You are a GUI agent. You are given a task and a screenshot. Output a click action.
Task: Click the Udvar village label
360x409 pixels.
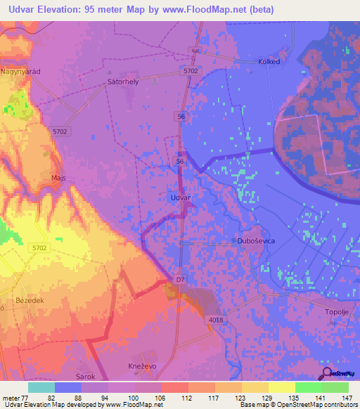click(x=181, y=198)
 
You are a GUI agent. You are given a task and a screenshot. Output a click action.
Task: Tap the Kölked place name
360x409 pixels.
click(x=269, y=61)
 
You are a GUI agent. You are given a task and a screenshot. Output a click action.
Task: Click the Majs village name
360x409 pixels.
click(x=59, y=178)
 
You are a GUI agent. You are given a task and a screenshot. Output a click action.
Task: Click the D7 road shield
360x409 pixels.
click(x=181, y=280)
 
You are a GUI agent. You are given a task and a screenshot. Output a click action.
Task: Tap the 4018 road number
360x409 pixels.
click(x=217, y=320)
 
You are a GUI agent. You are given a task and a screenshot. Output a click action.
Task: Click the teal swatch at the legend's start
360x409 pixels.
click(x=41, y=387)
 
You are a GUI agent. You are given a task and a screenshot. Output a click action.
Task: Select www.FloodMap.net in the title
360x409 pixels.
click(x=202, y=10)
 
